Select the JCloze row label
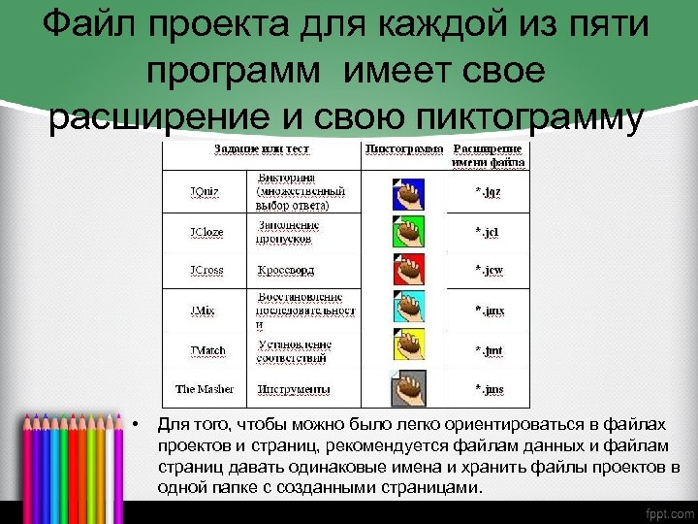click(206, 232)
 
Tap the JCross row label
click(206, 270)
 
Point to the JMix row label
click(203, 310)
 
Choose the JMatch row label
click(206, 349)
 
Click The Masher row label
click(204, 389)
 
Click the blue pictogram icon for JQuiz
click(408, 193)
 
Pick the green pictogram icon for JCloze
click(408, 233)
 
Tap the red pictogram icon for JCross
click(408, 270)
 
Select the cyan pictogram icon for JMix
click(408, 310)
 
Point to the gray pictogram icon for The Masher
click(407, 389)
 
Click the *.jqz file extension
click(488, 192)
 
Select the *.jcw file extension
click(489, 270)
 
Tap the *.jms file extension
click(489, 389)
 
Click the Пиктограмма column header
click(404, 149)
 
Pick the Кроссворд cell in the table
click(286, 270)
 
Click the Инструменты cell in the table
click(294, 389)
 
